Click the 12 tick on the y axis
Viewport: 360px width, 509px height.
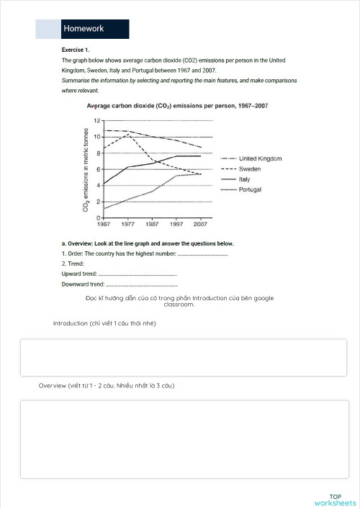96,120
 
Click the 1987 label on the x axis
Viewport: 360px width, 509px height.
151,224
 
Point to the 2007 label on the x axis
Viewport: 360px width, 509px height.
199,224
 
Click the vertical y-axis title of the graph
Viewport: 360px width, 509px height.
86,169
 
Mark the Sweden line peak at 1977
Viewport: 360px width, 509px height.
127,134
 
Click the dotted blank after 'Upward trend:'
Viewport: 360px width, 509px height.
138,275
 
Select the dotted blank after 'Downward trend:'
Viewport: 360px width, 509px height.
141,286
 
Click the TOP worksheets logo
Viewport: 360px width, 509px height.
335,500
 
